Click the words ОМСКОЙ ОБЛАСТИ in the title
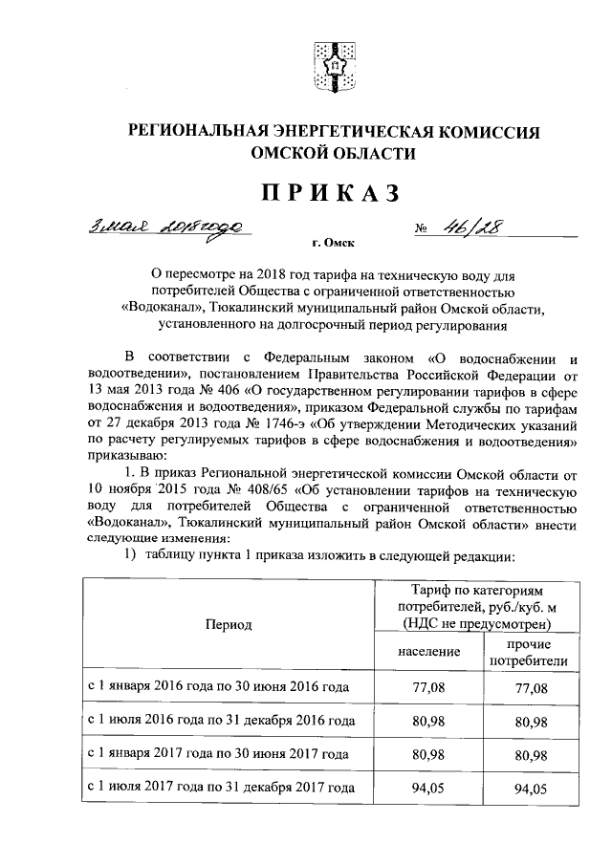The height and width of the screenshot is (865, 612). [x=332, y=153]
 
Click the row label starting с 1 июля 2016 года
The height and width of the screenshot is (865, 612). [x=222, y=721]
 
